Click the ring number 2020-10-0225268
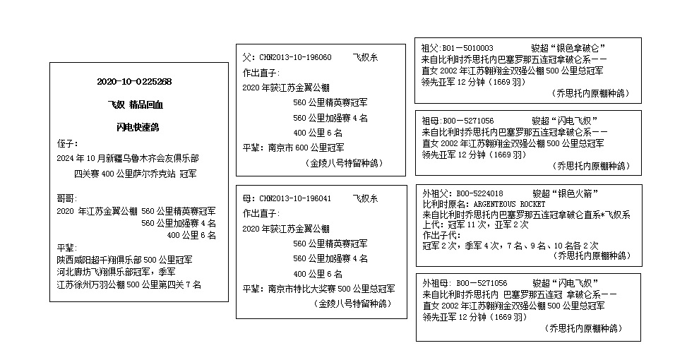click(134, 82)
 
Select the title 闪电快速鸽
click(138, 128)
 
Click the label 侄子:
click(68, 143)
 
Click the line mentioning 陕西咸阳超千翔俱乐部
click(124, 260)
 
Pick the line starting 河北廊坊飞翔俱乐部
click(117, 272)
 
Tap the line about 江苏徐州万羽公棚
click(129, 284)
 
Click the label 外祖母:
click(434, 282)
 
